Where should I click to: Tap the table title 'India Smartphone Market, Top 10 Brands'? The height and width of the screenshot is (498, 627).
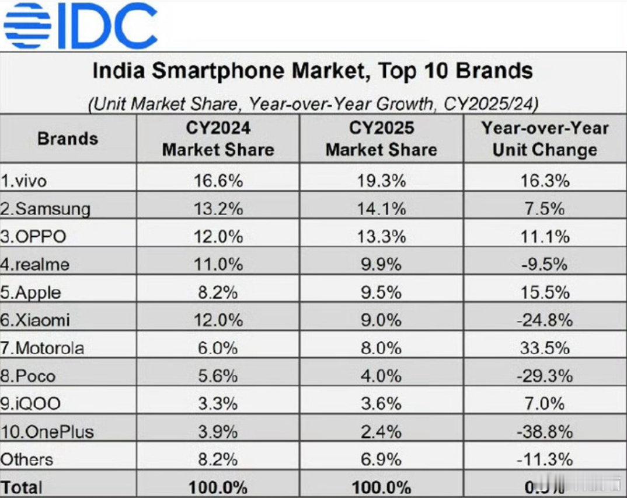point(313,71)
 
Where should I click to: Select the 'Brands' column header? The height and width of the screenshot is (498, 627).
point(68,139)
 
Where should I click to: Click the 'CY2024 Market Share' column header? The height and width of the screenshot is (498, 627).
point(218,139)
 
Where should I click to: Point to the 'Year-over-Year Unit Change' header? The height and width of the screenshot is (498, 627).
point(545,139)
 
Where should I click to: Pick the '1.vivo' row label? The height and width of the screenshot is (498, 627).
point(24,181)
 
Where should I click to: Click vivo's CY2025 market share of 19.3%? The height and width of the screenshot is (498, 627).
point(381,181)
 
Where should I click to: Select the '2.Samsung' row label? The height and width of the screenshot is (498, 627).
point(46,209)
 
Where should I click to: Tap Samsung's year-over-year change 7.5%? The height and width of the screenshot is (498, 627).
point(545,209)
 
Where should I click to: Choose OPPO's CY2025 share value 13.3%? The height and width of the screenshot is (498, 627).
point(381,237)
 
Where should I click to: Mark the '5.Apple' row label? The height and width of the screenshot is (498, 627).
point(30,292)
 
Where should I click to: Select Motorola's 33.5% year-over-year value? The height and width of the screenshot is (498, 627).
point(545,348)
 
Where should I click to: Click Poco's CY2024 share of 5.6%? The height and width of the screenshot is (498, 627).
point(218,376)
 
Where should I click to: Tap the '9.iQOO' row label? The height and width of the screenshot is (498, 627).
point(30,403)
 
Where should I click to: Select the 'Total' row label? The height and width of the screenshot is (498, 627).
point(22,486)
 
